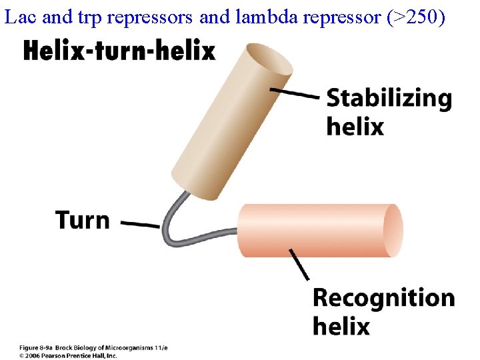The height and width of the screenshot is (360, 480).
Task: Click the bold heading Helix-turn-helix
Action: [119, 51]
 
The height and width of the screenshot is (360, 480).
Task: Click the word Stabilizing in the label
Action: [389, 99]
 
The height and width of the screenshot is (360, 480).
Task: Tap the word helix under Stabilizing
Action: [355, 126]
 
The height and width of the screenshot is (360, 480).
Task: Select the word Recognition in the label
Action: [383, 298]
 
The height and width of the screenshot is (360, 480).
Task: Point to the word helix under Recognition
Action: [341, 326]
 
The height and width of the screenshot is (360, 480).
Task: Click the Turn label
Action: [83, 219]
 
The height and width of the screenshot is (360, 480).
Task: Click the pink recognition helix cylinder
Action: [313, 231]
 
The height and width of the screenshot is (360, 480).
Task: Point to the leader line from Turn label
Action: [140, 224]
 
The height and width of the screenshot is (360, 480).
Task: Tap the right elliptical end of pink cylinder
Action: [393, 231]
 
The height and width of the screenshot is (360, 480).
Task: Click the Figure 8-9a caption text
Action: [93, 348]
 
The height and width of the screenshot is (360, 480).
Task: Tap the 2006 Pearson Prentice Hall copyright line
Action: [67, 355]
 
